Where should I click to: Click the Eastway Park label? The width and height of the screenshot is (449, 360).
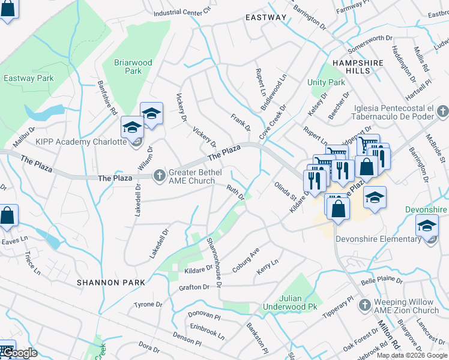click(x=28, y=78)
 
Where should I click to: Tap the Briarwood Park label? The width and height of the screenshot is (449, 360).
click(x=133, y=67)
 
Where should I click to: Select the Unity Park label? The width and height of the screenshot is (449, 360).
click(x=326, y=82)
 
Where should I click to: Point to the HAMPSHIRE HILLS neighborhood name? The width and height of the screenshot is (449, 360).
click(x=357, y=66)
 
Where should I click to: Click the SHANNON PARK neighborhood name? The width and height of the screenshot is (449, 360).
click(x=110, y=282)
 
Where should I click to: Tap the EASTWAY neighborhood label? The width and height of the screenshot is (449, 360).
click(x=266, y=17)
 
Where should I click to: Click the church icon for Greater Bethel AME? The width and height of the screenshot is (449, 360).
click(x=159, y=175)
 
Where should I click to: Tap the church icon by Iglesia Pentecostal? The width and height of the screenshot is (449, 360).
click(x=442, y=111)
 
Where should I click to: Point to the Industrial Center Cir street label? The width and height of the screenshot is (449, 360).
click(x=182, y=11)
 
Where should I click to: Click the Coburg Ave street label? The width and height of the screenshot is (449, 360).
click(x=246, y=260)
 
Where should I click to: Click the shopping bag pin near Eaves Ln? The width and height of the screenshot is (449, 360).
click(x=7, y=215)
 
